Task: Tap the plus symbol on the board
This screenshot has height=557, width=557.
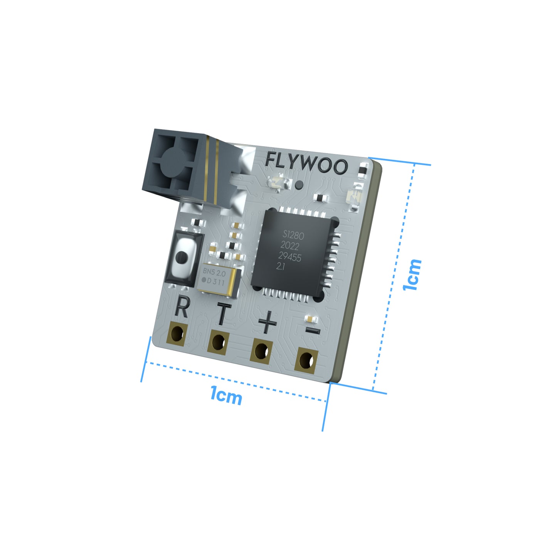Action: [x=267, y=321]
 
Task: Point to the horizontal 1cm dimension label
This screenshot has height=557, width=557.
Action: [x=226, y=396]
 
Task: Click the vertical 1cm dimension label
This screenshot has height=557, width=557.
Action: [x=412, y=274]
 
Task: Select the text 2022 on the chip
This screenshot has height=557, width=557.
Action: [x=289, y=246]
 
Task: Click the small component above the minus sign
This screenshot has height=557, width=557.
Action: [x=310, y=319]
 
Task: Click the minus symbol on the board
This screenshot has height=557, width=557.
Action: [x=313, y=330]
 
